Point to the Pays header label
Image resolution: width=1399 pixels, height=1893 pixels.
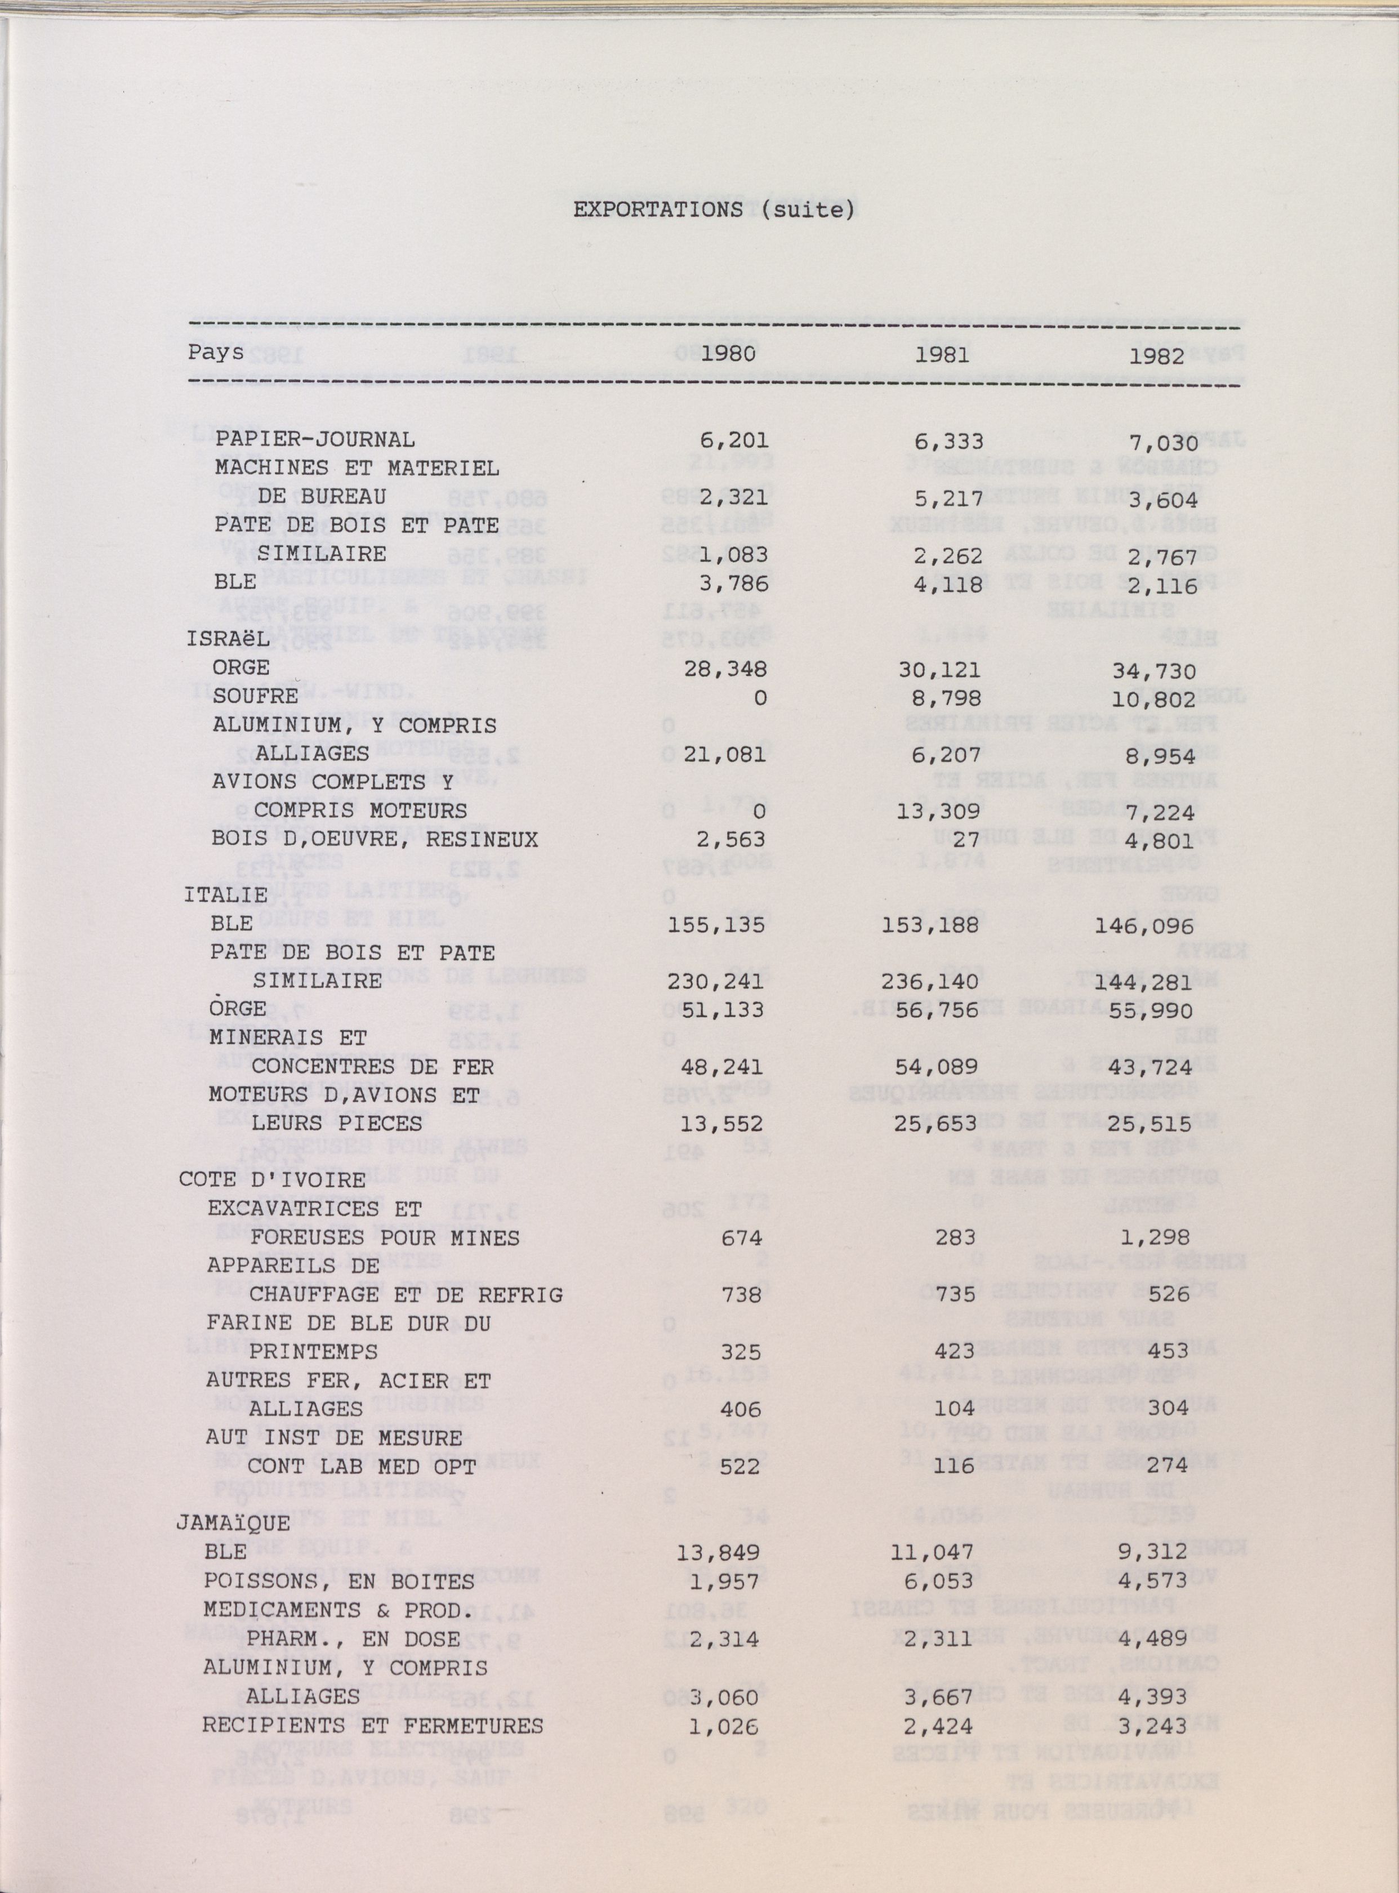216,351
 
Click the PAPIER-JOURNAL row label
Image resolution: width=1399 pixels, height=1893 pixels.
315,439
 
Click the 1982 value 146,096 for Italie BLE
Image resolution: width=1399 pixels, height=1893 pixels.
1145,927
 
